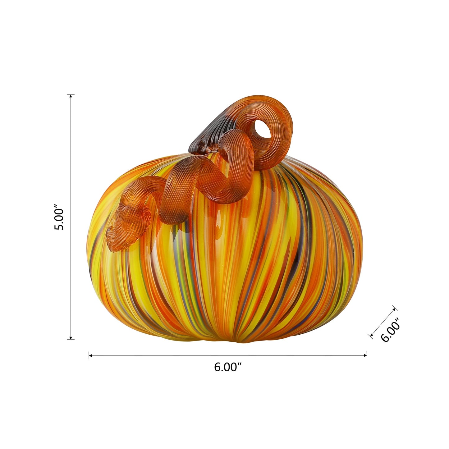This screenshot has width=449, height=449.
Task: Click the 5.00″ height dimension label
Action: pyautogui.click(x=59, y=217)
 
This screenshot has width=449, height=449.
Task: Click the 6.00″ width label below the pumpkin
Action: pyautogui.click(x=227, y=367)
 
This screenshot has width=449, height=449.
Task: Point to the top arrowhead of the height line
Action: pyautogui.click(x=71, y=97)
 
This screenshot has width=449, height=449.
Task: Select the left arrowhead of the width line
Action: pyautogui.click(x=91, y=355)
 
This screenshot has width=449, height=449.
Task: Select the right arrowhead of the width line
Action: pyautogui.click(x=365, y=355)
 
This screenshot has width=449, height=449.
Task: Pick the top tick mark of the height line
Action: pyautogui.click(x=71, y=94)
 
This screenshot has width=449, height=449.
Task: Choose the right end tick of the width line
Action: pyautogui.click(x=367, y=355)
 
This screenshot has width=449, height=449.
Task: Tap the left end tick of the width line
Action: pyautogui.click(x=89, y=355)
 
